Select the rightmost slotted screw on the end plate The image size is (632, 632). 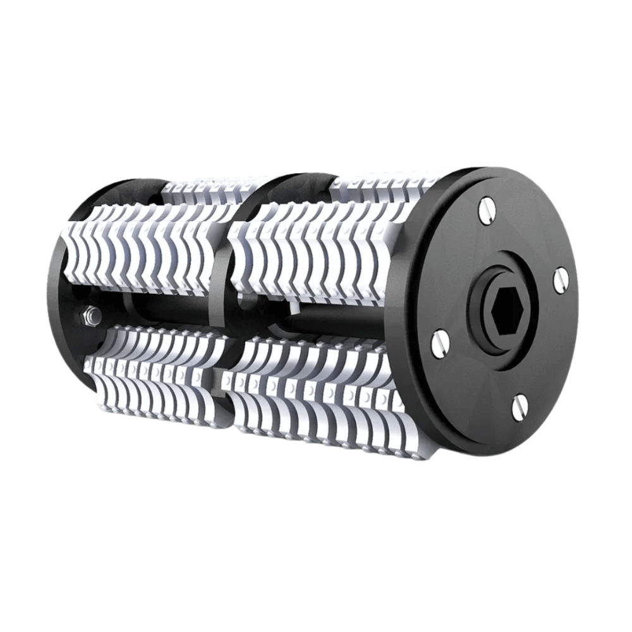tap(561, 280)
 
